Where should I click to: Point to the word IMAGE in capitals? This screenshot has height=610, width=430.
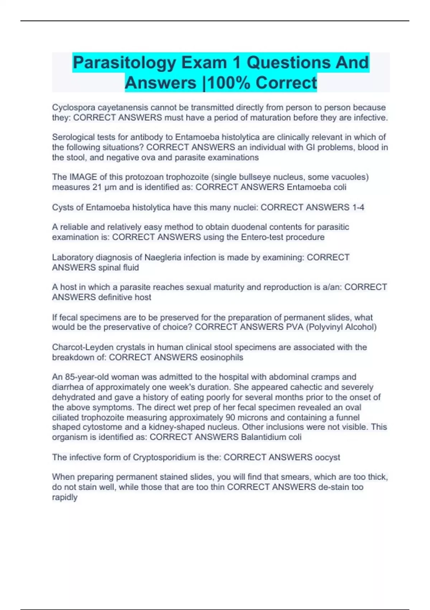coord(83,177)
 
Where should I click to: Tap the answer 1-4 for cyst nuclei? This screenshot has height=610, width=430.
coord(358,207)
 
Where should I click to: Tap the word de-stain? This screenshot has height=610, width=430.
coord(331,487)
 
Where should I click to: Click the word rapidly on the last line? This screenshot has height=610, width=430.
coord(64,497)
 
